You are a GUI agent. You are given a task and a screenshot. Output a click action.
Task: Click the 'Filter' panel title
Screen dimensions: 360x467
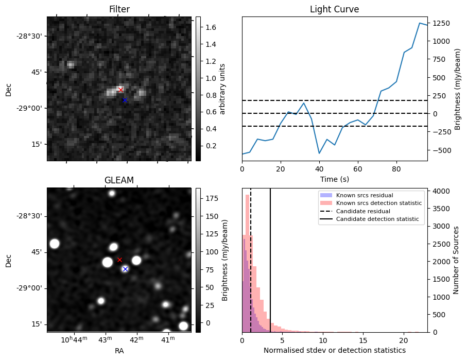[x=119, y=9]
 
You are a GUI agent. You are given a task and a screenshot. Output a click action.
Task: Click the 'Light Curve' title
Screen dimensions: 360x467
[x=334, y=9]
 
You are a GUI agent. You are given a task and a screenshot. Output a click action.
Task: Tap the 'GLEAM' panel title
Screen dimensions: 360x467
[x=119, y=180]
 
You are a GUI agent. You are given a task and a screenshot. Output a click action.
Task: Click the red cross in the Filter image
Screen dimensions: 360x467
[x=120, y=90]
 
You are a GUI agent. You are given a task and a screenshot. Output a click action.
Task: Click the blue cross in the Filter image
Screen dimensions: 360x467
[x=124, y=100]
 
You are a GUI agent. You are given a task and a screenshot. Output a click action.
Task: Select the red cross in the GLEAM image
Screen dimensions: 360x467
[x=119, y=260]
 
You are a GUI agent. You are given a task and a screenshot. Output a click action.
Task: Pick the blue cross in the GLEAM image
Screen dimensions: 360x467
[x=125, y=269]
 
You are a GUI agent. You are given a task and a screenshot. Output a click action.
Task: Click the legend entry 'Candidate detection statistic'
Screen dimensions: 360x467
[x=378, y=219]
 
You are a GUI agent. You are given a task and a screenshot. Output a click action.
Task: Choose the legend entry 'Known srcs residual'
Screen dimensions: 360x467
[x=365, y=195]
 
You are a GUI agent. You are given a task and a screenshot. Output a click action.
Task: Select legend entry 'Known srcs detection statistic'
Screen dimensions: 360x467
[x=378, y=203]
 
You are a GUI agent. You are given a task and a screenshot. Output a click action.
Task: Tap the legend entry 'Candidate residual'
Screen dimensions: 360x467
[x=362, y=211]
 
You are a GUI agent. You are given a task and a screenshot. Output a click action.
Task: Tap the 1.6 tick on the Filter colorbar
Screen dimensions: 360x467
[x=210, y=27]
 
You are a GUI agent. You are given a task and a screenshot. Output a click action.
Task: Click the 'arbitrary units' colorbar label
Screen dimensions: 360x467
[x=222, y=89]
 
